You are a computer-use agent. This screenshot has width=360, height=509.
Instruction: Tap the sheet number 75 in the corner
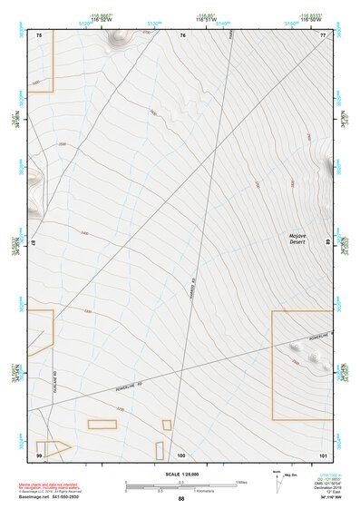click(39, 34)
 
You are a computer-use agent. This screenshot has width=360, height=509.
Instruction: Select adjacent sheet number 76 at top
click(182, 34)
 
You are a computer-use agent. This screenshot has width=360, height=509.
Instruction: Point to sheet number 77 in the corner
click(323, 34)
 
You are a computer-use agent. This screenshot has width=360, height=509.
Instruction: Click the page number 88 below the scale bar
click(181, 499)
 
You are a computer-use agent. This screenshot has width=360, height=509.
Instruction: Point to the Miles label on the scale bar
click(242, 482)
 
